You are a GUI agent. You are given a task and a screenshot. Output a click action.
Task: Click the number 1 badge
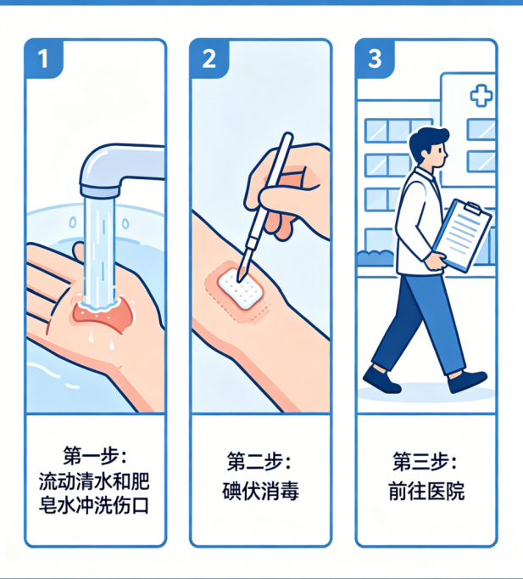pyautogui.click(x=43, y=59)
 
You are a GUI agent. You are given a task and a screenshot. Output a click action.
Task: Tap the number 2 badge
pyautogui.click(x=209, y=59)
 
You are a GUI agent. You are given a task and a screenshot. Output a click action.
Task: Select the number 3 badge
pyautogui.click(x=375, y=59)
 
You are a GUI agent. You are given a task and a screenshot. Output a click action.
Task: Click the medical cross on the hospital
pyautogui.click(x=481, y=96)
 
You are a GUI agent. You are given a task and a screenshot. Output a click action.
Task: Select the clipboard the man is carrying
pyautogui.click(x=463, y=235)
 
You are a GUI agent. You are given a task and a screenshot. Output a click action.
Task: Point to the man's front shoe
pyautogui.click(x=467, y=381)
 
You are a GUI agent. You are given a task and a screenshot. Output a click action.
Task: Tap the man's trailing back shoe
pyautogui.click(x=381, y=380)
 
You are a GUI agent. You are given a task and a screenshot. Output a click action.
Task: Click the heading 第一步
pyautogui.click(x=95, y=456)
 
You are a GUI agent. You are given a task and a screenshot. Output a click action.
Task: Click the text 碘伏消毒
pyautogui.click(x=260, y=491)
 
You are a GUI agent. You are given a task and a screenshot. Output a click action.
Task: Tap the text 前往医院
pyautogui.click(x=426, y=491)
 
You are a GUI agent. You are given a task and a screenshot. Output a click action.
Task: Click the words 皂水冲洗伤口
pyautogui.click(x=94, y=504)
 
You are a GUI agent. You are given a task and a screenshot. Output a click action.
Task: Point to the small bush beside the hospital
pyautogui.click(x=376, y=258)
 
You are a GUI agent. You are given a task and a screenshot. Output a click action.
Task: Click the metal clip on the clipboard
pyautogui.click(x=473, y=208)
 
